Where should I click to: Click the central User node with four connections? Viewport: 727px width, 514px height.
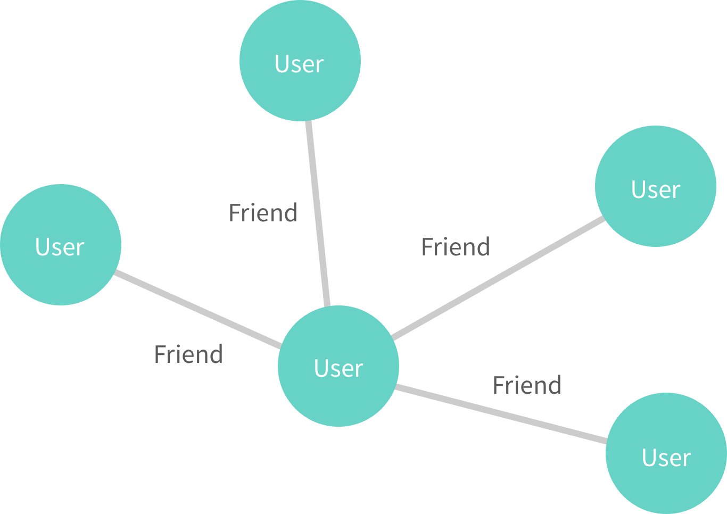pos(338,366)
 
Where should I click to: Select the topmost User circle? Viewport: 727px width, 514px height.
pos(300,61)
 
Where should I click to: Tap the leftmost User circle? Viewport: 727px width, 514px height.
pos(61,245)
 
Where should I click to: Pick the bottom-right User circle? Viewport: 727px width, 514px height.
pos(666,453)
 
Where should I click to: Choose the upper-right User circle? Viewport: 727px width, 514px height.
pos(656,186)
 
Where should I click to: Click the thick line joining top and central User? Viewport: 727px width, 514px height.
pos(318,213)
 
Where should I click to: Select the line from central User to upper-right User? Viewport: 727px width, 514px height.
pos(498,278)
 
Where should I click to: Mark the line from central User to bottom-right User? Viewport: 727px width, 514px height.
pos(500,413)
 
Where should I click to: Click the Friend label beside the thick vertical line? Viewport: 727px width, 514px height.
pos(263,213)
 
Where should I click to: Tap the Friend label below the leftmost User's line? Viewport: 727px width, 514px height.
pos(188,354)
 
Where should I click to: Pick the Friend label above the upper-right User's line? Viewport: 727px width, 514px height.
pos(456,247)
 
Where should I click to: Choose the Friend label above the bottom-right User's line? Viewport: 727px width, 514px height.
pos(527,385)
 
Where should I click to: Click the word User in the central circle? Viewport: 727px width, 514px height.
pos(338,368)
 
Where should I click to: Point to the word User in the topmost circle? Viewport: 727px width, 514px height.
pos(299,64)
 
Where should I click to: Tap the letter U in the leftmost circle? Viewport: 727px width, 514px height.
pos(42,247)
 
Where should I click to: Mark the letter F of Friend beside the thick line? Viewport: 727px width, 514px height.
pos(234,213)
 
